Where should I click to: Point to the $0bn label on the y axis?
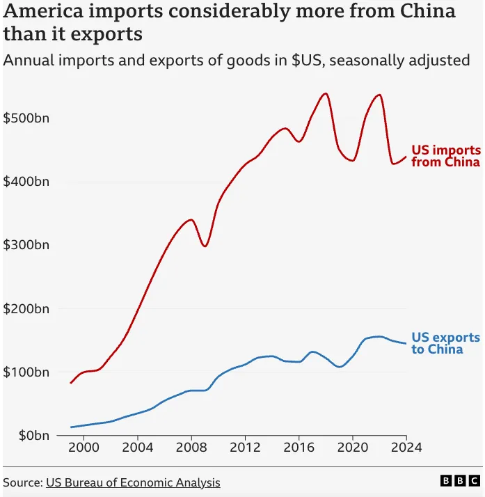(26, 436)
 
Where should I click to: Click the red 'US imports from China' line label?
(445, 156)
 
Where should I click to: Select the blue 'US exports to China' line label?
(445, 343)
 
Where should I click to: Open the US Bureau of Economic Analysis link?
(133, 482)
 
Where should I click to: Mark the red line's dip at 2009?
(205, 246)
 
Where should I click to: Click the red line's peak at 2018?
(326, 93)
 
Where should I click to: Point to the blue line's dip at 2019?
(339, 367)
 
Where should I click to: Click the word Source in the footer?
(22, 482)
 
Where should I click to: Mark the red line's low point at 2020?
(352, 161)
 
